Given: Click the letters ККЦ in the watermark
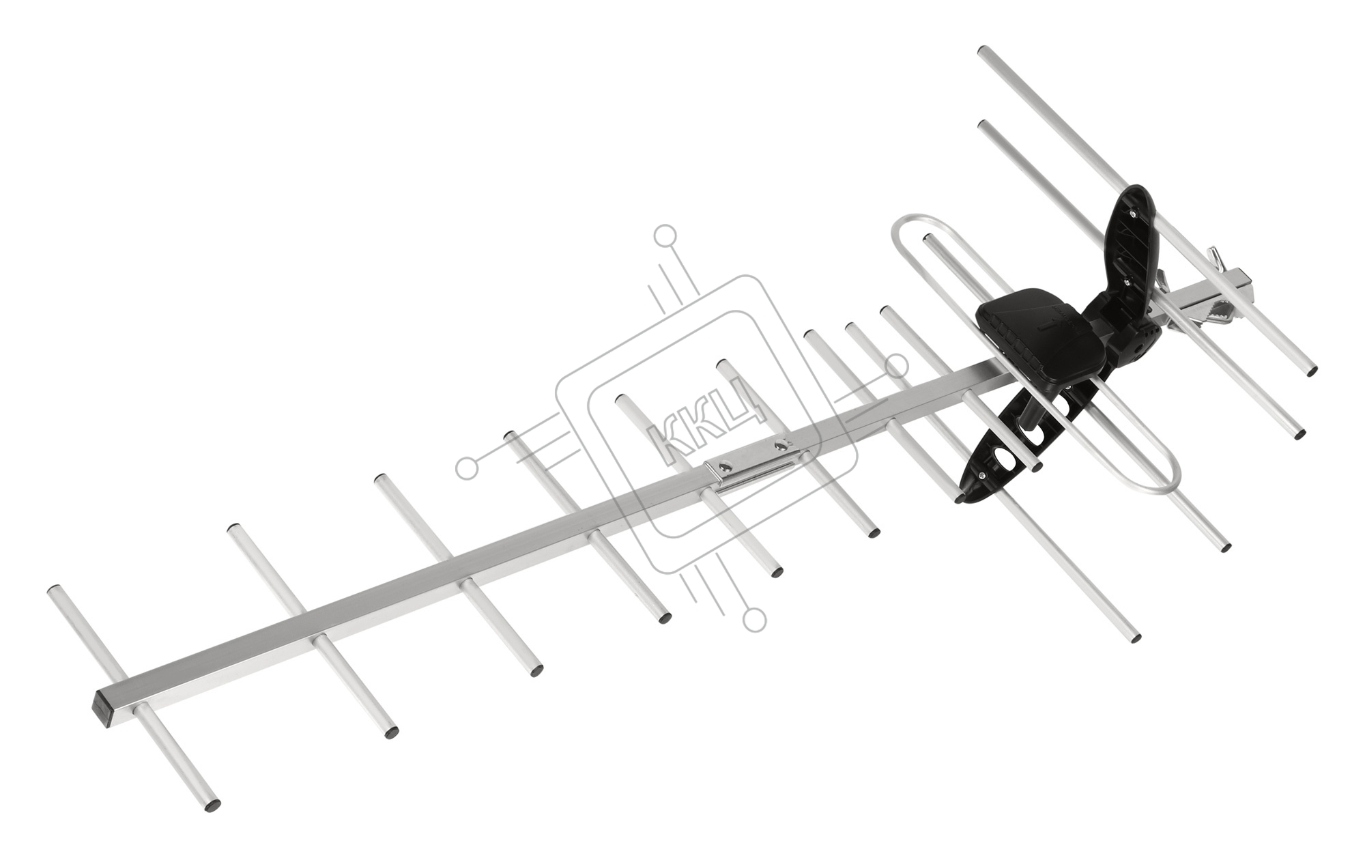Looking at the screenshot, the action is (x=702, y=417).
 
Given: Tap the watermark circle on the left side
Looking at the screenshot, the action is (x=467, y=468).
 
